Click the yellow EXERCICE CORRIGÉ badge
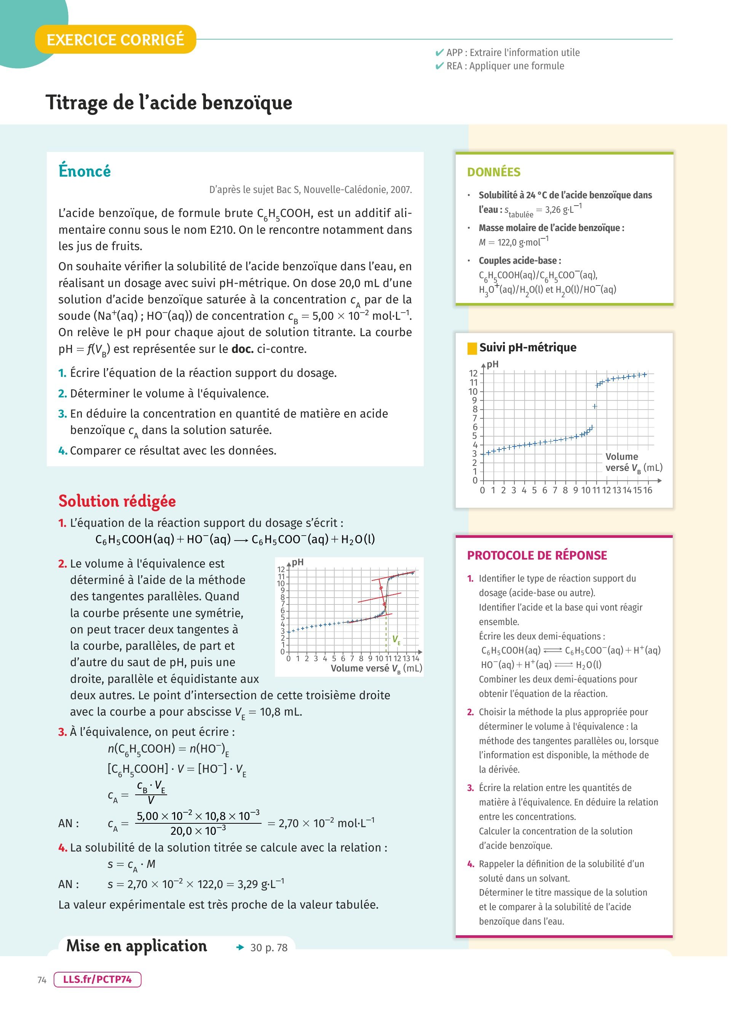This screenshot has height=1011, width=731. pos(115,40)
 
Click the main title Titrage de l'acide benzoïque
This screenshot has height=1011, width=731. pos(169,102)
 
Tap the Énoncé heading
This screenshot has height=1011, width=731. pos(85,171)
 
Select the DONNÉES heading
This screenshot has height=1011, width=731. pos(493,172)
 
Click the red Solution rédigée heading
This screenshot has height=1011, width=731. pos(117,501)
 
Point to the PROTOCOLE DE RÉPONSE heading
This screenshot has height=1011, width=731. pos(537,555)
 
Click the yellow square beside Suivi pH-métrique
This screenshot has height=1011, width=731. pos(472,348)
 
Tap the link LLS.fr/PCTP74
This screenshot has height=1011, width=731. pos(97,979)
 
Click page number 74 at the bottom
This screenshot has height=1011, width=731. pos(42,980)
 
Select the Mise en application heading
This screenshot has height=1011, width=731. pos(136,946)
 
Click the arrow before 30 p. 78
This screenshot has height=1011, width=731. pos(241,948)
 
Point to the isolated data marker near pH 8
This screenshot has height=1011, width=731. pos(595,406)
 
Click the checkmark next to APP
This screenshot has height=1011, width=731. pos(439,53)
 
